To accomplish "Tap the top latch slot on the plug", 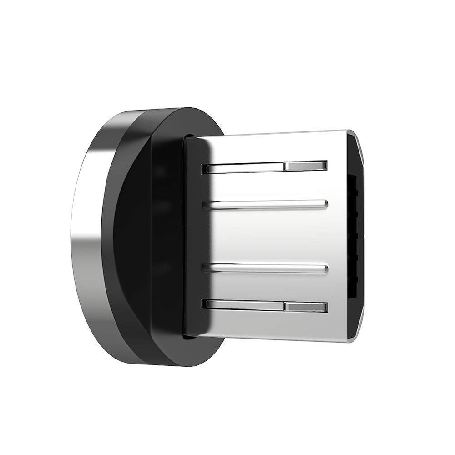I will click(246, 167).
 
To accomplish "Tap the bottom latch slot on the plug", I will click(246, 306).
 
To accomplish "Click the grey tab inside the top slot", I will click(305, 166).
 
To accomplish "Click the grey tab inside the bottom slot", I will click(305, 307).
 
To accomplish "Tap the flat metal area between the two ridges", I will click(273, 237).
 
